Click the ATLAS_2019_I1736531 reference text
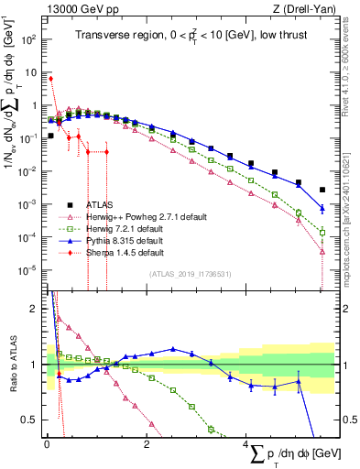click(x=196, y=273)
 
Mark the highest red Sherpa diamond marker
click(x=50, y=79)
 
